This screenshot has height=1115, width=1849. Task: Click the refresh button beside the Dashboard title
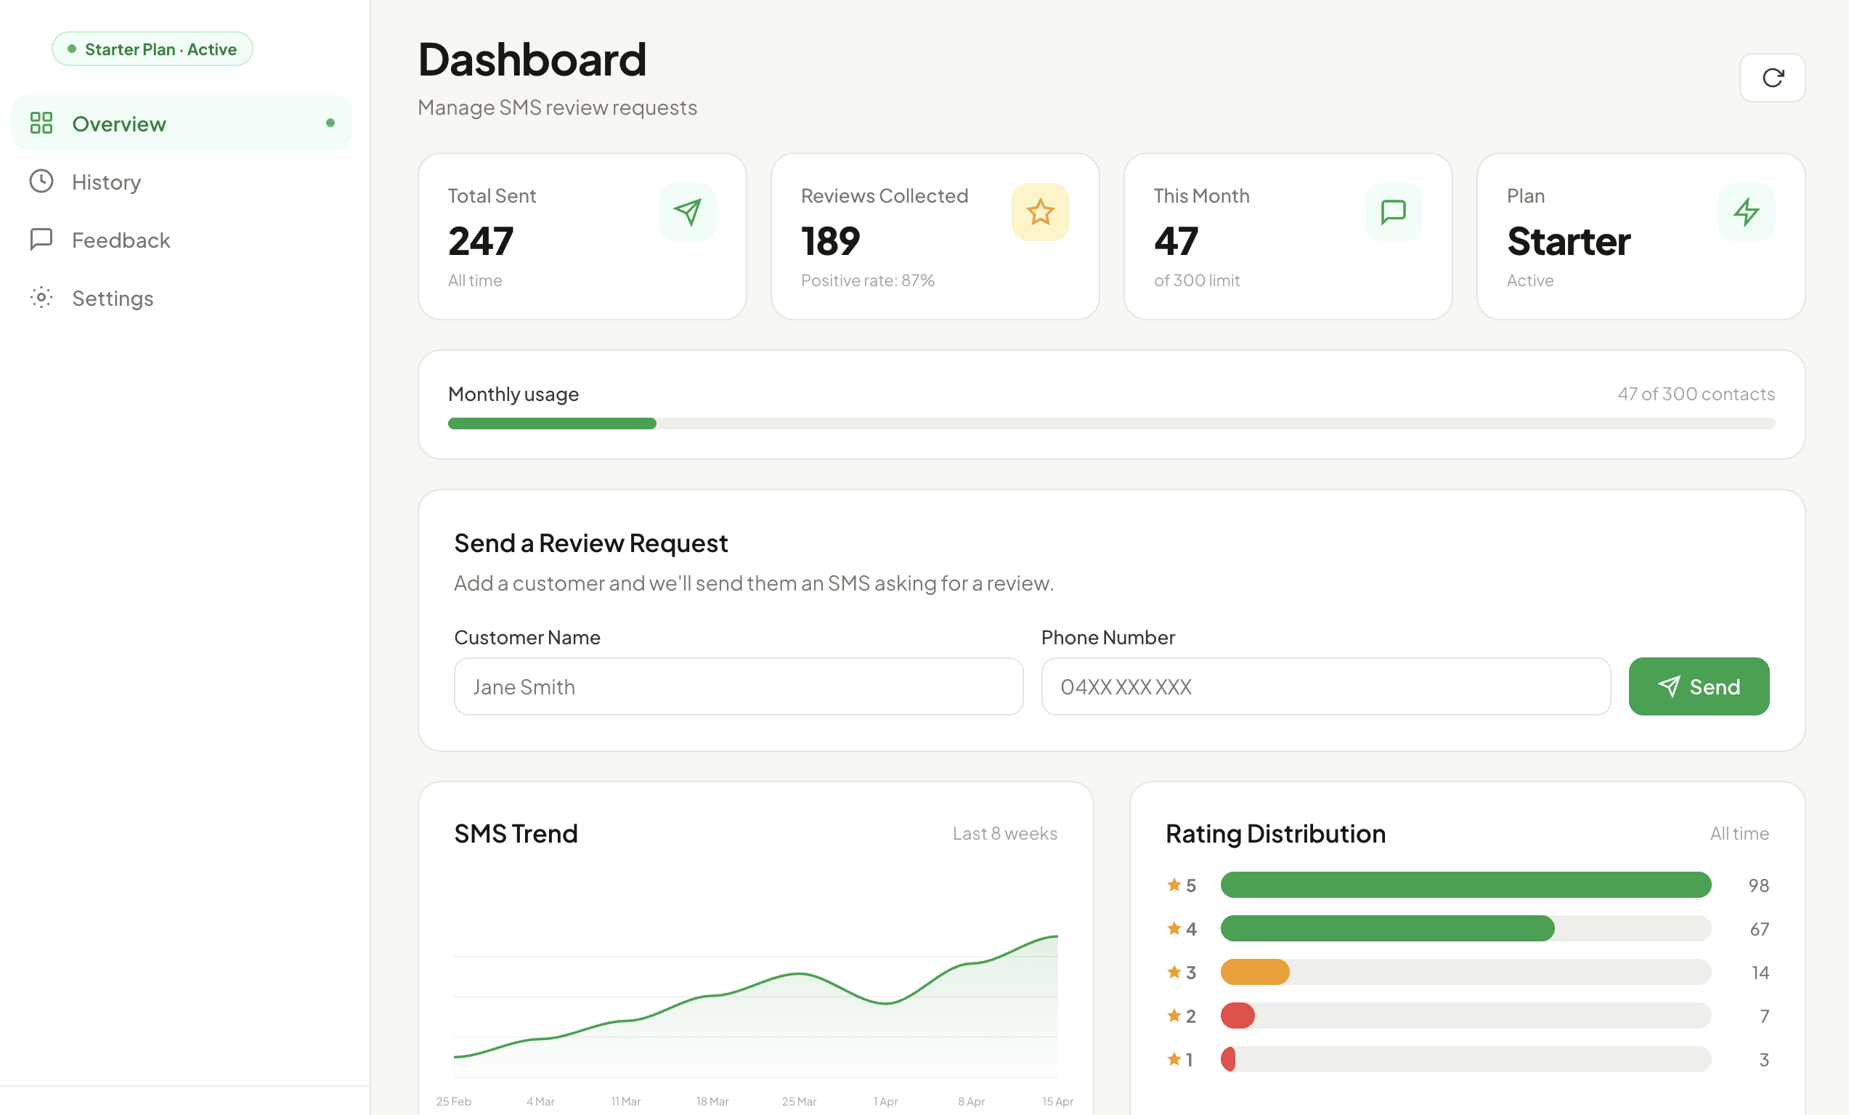pos(1772,77)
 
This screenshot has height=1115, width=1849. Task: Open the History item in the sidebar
pos(106,182)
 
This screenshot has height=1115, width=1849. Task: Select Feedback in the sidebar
pos(120,240)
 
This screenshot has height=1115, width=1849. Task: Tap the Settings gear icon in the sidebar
pos(41,298)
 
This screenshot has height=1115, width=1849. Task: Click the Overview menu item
pos(118,123)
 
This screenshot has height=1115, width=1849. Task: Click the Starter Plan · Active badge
pos(153,49)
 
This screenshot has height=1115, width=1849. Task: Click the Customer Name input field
pos(738,686)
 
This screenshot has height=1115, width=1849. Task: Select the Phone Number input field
pos(1325,686)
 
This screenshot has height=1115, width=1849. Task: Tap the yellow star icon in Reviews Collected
pos(1039,212)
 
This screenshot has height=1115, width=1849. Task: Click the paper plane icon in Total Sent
pos(686,212)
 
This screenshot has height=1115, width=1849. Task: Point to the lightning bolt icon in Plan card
pos(1745,212)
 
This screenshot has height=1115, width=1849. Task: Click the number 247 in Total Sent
pos(480,242)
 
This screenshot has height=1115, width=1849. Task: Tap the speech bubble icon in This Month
pos(1393,212)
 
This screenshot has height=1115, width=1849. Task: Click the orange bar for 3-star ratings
pos(1254,973)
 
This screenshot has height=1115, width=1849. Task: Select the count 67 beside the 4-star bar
pos(1759,930)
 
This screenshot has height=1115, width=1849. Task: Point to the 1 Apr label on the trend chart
pos(885,1101)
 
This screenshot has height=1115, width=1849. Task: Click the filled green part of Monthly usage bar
pos(551,424)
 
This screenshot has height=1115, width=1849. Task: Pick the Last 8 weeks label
pos(1004,834)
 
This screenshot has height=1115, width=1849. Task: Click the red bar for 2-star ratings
pos(1238,1016)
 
